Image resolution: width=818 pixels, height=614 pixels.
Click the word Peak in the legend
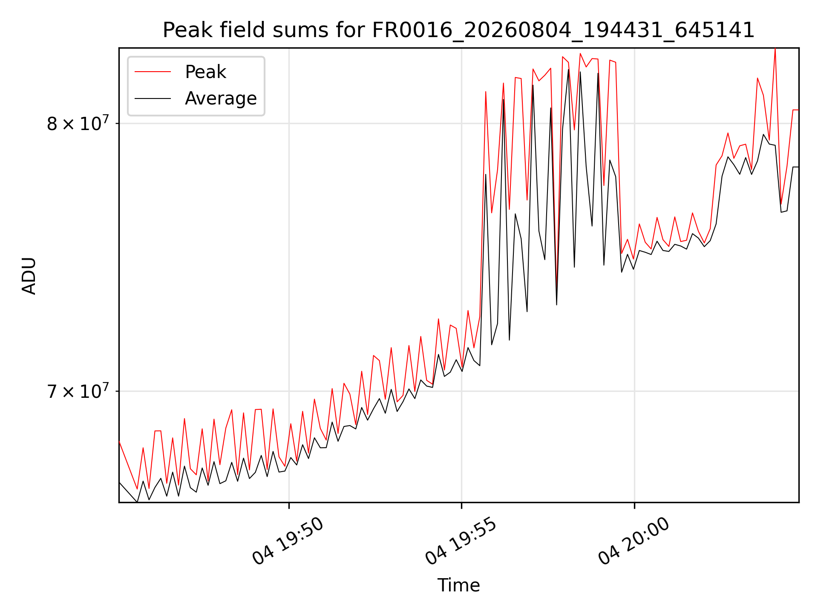pos(205,72)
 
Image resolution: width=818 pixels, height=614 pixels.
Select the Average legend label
pos(221,98)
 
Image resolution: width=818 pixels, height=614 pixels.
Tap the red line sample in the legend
pos(153,72)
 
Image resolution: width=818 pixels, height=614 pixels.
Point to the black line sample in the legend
pos(153,98)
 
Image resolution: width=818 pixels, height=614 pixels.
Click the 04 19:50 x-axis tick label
pos(288,541)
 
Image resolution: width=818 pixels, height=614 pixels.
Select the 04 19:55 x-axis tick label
pos(461,541)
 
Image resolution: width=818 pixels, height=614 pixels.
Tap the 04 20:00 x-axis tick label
pos(634,541)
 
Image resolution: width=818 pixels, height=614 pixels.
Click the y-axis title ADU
pos(29,275)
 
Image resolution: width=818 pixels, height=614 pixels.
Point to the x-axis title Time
pos(458,585)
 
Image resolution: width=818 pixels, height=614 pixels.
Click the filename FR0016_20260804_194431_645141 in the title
pos(563,30)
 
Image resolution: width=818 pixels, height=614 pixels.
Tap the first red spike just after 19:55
pos(486,91)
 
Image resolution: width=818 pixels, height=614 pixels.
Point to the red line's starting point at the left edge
pos(119,441)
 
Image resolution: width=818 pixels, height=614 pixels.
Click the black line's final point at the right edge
pos(798,167)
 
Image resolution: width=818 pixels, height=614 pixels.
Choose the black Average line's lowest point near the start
pos(137,502)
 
